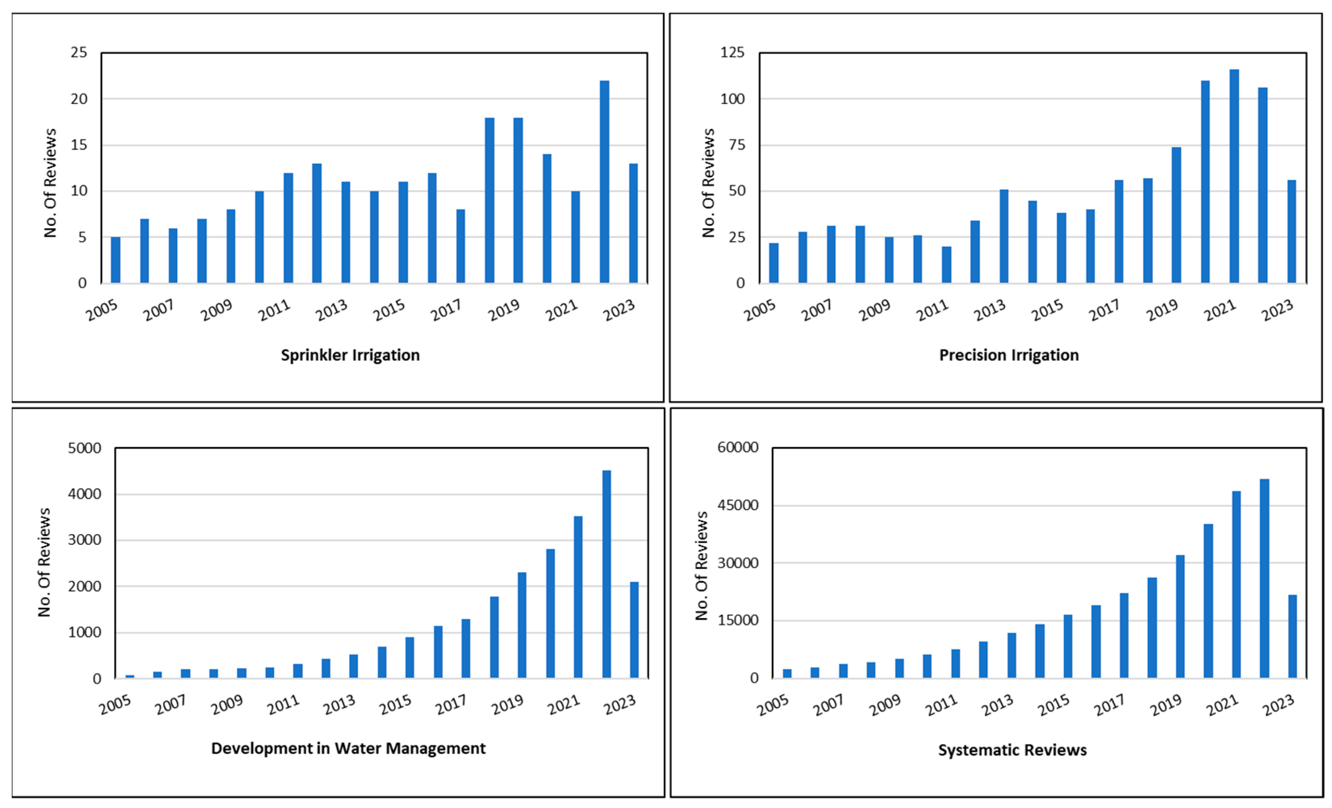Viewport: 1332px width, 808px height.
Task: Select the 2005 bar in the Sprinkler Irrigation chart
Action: [116, 260]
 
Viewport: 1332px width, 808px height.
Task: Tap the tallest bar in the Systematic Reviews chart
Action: [1264, 578]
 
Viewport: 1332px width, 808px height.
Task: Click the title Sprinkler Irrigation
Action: [350, 355]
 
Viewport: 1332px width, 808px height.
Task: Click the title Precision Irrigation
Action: [1009, 355]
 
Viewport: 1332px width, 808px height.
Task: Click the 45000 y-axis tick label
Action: [737, 505]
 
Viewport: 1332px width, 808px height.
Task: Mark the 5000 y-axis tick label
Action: [84, 448]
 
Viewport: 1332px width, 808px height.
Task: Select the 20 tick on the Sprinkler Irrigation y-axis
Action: [79, 99]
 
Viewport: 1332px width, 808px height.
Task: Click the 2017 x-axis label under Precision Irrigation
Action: [1104, 310]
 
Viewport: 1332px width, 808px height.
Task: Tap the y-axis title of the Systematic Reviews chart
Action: [701, 565]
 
